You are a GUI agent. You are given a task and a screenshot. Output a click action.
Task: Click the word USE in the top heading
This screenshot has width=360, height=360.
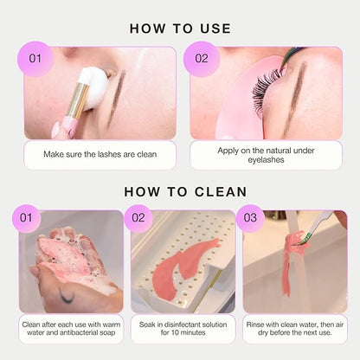click(215, 29)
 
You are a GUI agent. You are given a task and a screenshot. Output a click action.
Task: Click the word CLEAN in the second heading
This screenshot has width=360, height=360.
click(221, 192)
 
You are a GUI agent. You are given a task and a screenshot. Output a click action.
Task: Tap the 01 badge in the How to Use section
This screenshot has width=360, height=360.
click(35, 59)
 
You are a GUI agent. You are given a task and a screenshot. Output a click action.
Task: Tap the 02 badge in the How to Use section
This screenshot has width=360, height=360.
click(202, 59)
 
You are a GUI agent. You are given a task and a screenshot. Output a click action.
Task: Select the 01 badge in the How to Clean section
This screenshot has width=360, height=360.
click(26, 218)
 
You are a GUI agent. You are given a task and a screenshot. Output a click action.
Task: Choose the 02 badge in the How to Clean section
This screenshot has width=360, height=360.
click(138, 218)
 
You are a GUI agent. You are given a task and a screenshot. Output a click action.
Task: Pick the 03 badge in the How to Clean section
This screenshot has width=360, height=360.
click(250, 218)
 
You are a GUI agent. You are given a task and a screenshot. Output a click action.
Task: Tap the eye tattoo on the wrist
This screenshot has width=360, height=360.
click(67, 296)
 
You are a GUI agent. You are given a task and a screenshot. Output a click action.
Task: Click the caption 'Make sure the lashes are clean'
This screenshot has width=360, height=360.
click(100, 154)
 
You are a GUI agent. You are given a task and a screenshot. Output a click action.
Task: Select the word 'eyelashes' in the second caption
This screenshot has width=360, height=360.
click(266, 160)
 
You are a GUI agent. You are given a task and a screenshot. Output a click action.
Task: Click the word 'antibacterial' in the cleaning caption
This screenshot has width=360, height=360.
click(79, 332)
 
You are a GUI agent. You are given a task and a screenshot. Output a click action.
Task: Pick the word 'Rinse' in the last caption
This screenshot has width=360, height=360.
click(254, 325)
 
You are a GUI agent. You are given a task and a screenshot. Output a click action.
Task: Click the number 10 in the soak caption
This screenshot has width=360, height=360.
click(175, 332)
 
